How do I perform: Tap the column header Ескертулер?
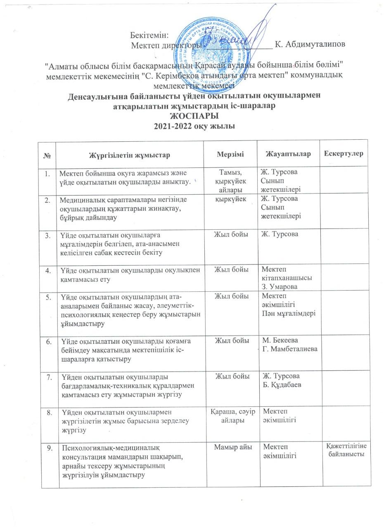click(344, 154)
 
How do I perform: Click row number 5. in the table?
click(49, 296)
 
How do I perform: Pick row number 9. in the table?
click(49, 447)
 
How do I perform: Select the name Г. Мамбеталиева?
click(291, 350)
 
